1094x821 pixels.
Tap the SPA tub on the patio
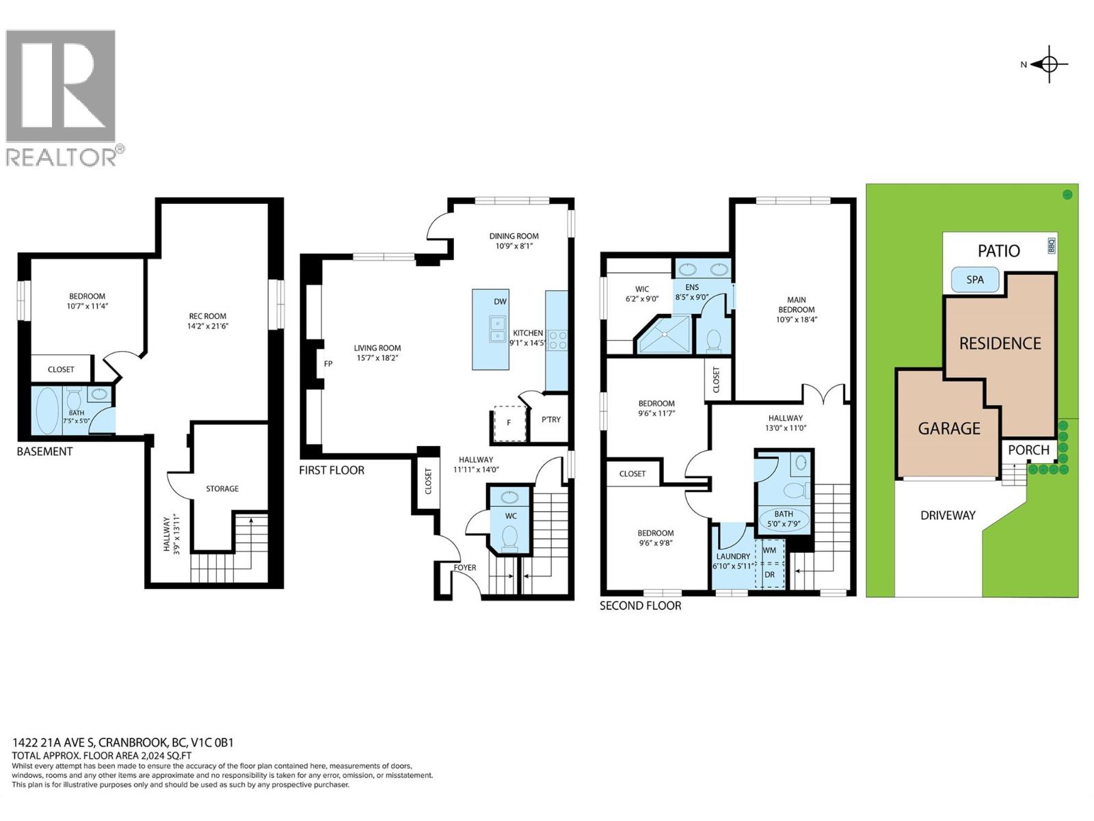[975, 280]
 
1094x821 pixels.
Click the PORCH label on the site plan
[1028, 449]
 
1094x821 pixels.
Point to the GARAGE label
[949, 428]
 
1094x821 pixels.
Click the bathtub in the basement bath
[46, 410]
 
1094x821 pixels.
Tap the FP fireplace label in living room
[328, 364]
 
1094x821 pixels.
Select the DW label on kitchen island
[500, 302]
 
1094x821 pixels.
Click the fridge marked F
[509, 423]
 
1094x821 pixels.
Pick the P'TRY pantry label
[551, 419]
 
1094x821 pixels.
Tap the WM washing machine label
[769, 550]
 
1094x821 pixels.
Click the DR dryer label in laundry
[770, 575]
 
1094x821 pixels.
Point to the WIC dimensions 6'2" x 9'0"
[642, 299]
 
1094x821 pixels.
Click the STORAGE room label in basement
[222, 488]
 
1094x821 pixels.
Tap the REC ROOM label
[207, 316]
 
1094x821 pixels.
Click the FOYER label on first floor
[465, 568]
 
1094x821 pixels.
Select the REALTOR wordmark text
[62, 157]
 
